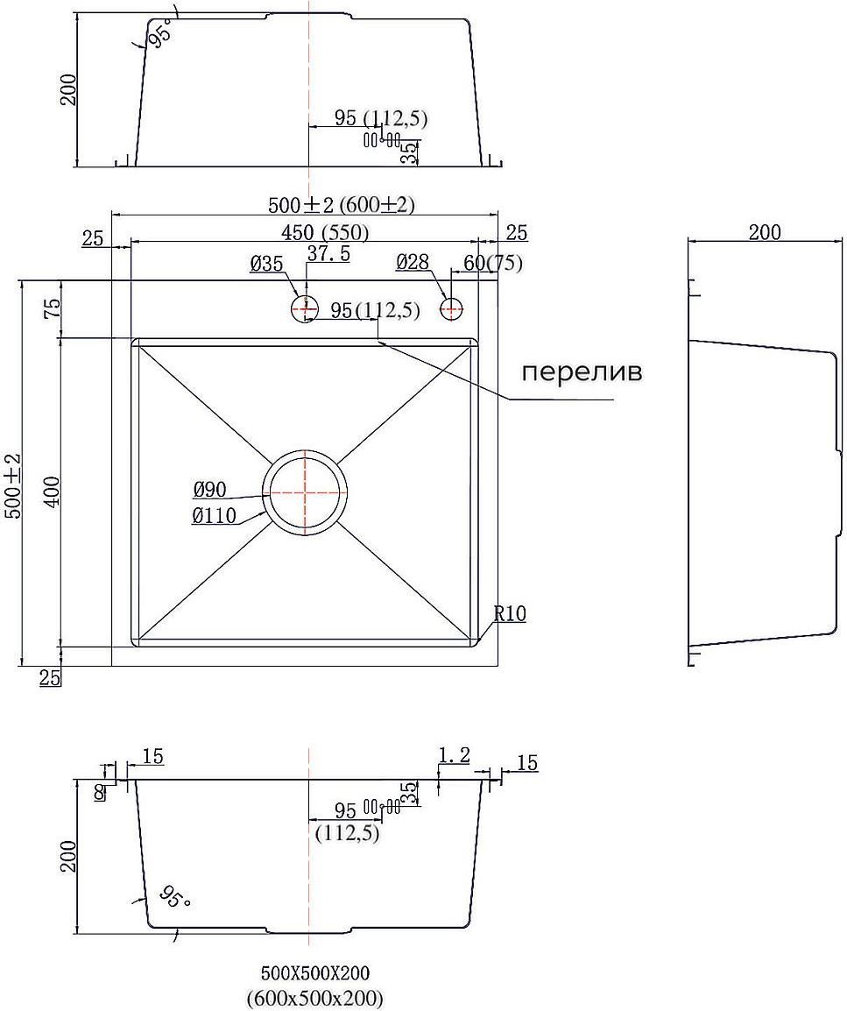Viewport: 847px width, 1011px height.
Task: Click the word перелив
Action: [x=582, y=372]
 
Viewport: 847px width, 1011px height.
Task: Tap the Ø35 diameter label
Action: [x=266, y=263]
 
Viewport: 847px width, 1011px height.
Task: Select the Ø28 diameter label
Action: [x=412, y=261]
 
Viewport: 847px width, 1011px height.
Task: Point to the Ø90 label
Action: [x=210, y=490]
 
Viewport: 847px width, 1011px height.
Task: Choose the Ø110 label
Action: [x=214, y=516]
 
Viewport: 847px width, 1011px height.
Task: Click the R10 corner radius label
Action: [x=510, y=614]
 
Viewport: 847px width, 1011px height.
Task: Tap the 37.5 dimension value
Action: [x=328, y=253]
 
